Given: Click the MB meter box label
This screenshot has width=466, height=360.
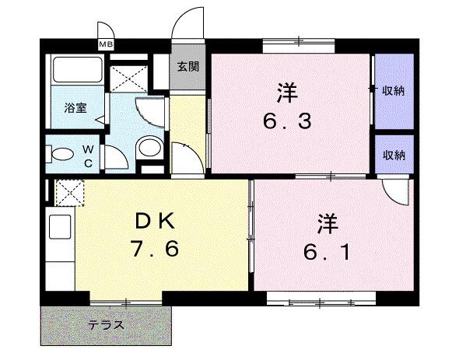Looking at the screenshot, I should [x=106, y=44].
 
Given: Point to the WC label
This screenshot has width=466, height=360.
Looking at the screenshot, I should [x=88, y=154].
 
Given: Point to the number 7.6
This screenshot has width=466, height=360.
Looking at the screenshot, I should [x=155, y=250].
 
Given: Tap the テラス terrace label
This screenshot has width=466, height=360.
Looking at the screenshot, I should [x=106, y=324].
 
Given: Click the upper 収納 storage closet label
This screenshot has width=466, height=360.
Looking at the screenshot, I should [x=393, y=91].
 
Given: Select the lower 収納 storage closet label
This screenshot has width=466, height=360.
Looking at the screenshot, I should [x=393, y=156].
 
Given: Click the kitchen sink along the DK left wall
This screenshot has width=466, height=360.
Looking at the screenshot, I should [x=59, y=228].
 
